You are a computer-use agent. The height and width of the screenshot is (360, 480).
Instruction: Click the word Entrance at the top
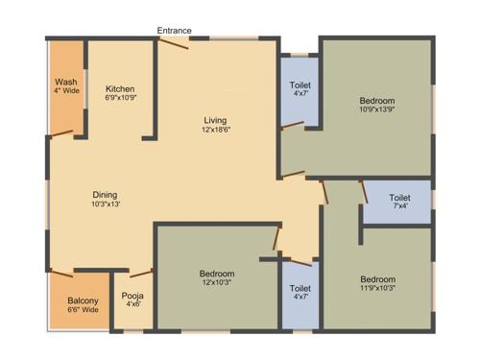[x=175, y=31]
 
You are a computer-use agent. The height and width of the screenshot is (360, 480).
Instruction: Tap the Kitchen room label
[x=121, y=88]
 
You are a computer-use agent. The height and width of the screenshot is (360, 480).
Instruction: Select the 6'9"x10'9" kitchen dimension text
[x=121, y=98]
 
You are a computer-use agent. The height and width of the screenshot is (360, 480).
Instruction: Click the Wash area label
[x=66, y=83]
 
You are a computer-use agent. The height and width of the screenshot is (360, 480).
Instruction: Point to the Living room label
[x=215, y=120]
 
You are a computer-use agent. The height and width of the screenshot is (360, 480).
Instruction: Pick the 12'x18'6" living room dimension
[x=215, y=130]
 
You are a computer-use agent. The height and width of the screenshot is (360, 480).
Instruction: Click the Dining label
[x=106, y=194]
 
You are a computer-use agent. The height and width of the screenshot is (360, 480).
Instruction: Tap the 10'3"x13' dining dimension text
[x=106, y=204]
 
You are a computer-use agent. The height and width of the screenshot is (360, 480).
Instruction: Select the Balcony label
[x=83, y=300]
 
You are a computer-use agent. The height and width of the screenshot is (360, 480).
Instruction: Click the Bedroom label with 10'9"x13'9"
[x=377, y=101]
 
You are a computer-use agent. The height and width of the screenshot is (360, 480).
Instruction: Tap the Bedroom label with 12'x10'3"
[x=217, y=275]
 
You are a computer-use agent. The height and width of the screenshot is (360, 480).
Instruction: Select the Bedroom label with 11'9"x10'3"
[x=377, y=279]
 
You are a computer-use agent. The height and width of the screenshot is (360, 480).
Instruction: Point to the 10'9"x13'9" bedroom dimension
[x=377, y=110]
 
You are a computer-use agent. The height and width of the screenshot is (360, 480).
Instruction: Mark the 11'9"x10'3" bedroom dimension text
[x=377, y=289]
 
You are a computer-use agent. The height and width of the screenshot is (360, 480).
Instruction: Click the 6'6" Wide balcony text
[x=83, y=310]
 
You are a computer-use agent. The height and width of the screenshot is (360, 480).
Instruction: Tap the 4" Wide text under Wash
[x=66, y=92]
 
